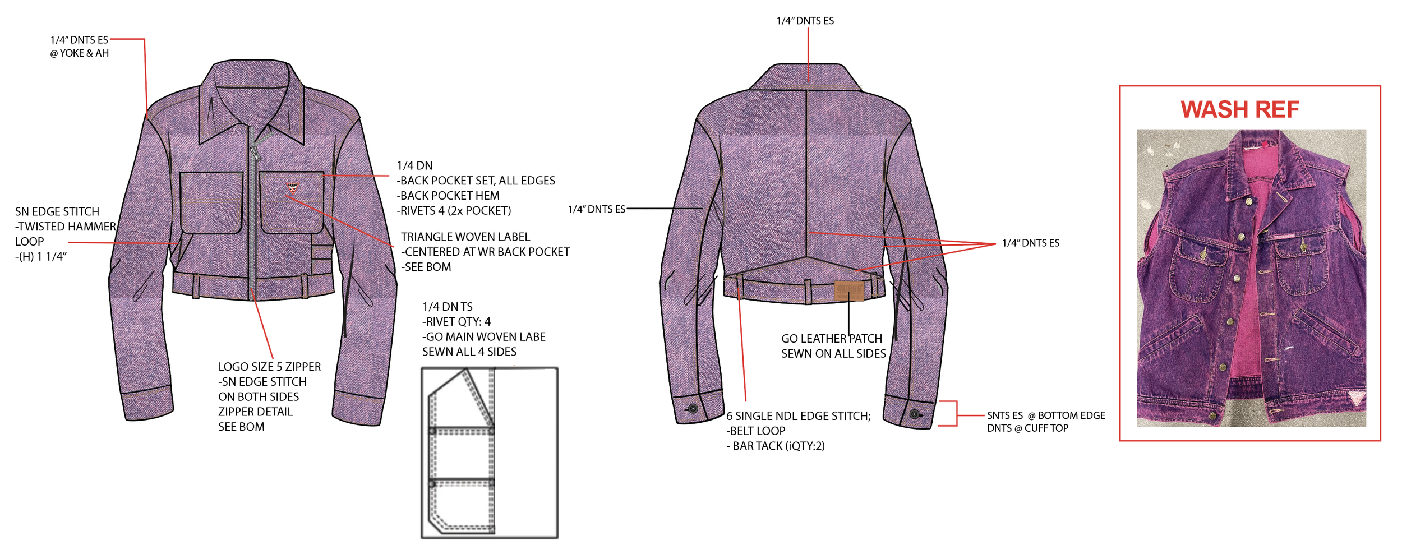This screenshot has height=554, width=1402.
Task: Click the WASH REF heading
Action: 1239,109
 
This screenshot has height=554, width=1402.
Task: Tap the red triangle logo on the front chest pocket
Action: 292,186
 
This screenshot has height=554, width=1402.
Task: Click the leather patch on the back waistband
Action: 848,290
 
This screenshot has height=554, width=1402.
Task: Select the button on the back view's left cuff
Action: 693,409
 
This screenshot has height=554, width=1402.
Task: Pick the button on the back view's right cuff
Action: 914,414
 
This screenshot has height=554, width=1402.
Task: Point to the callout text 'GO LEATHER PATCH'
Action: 831,339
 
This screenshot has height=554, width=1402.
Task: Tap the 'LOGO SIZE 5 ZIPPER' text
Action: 269,367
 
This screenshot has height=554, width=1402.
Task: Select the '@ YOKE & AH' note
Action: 79,53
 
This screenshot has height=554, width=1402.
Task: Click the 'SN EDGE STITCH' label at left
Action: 57,211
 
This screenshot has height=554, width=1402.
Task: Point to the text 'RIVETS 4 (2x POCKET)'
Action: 454,211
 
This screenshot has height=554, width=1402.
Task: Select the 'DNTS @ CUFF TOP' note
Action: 1027,428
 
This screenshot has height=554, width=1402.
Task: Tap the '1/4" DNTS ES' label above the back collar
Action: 805,21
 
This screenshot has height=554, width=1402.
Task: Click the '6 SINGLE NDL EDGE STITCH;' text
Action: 798,416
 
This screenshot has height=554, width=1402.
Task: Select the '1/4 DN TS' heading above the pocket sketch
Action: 447,307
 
